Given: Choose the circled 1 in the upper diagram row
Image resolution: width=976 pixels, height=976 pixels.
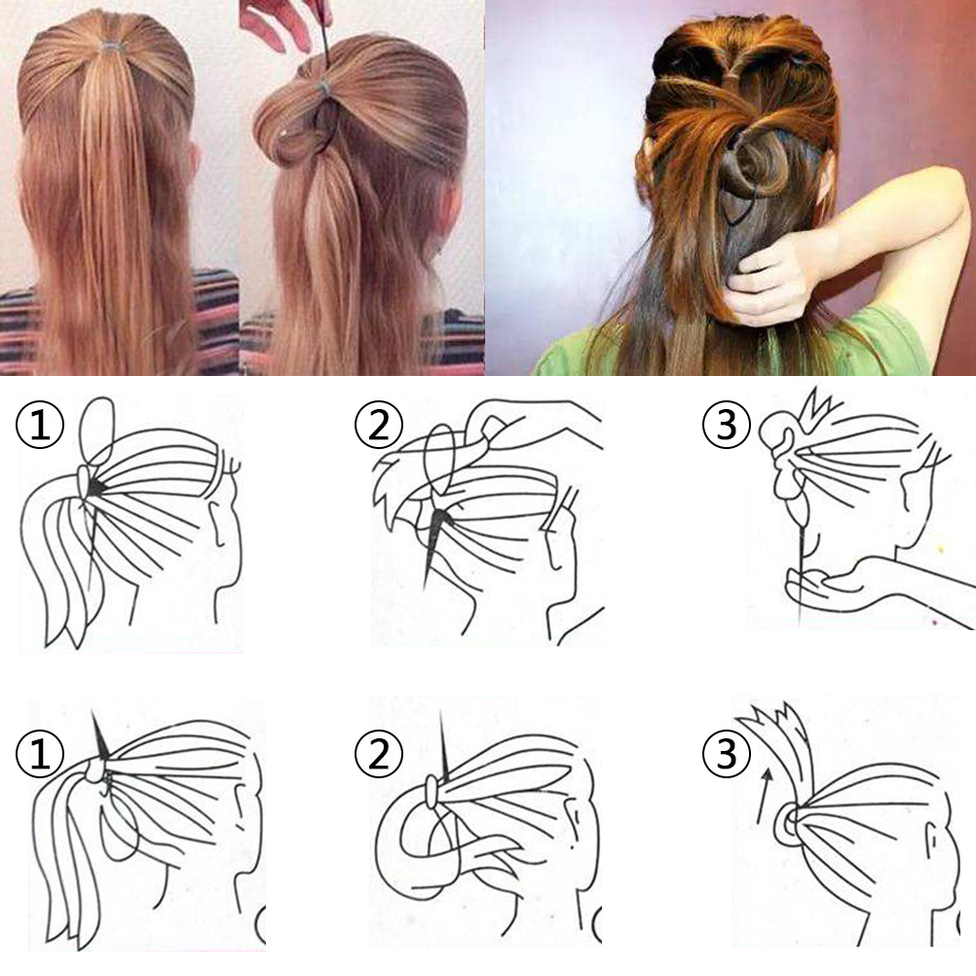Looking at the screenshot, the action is click(x=40, y=424).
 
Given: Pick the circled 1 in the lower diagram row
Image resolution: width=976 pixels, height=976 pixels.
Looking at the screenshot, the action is click(x=40, y=753).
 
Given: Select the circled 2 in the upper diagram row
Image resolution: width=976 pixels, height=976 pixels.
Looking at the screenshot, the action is click(x=379, y=424).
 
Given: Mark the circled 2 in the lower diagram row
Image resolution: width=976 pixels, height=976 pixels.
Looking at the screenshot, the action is click(x=379, y=753).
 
